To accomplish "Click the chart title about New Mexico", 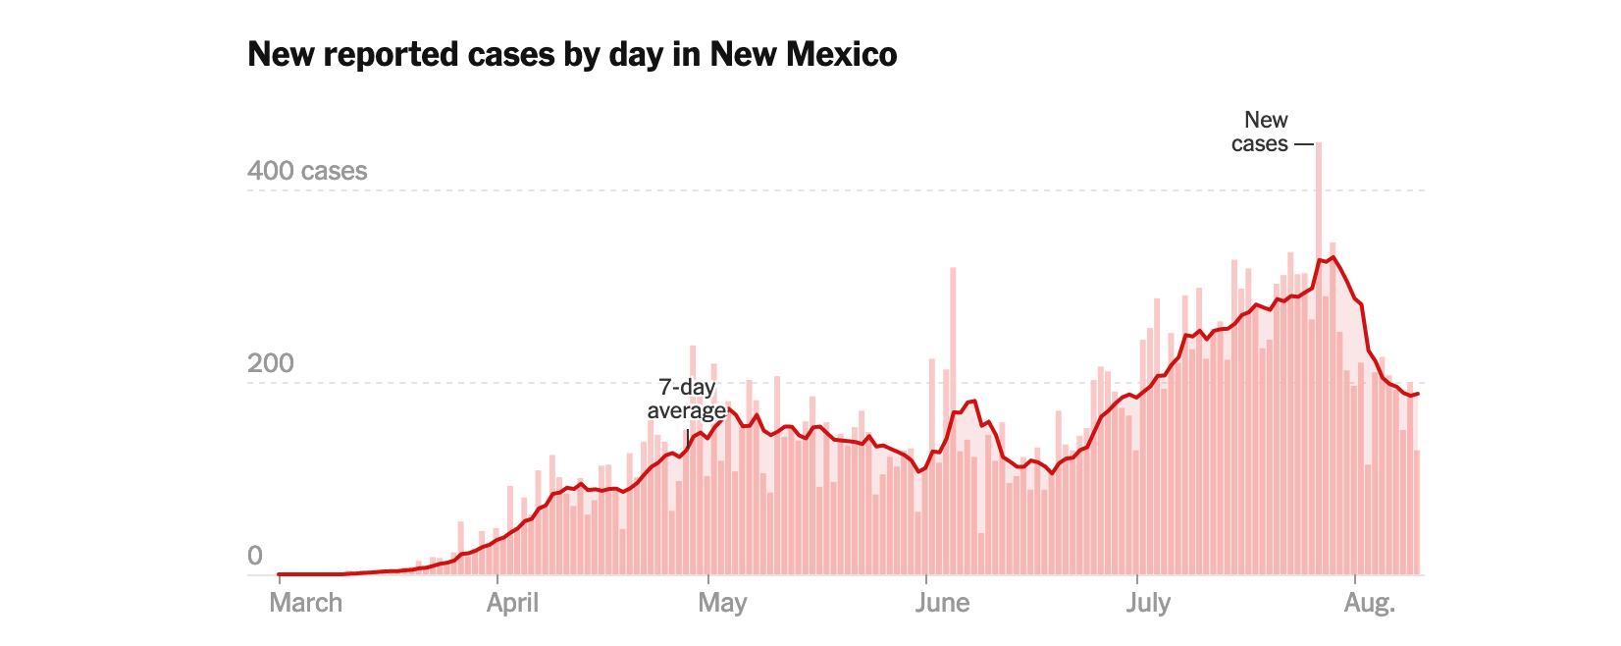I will [572, 54].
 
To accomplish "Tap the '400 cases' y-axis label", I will [307, 171].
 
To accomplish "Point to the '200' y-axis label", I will [270, 363].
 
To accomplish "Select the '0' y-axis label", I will [255, 556].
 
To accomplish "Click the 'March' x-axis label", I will [306, 602].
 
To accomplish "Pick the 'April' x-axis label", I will [512, 602].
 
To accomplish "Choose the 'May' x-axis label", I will [722, 602].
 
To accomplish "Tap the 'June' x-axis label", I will [942, 602].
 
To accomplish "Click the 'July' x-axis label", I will [1148, 602].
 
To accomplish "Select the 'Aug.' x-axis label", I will [1369, 602].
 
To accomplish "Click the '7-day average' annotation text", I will [687, 399].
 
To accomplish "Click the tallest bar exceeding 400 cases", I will [1318, 295].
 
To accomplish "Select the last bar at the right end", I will [1417, 511].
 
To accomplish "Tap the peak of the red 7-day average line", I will [1332, 257].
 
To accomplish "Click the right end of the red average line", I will [1418, 394].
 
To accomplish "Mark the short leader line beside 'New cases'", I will [1303, 144].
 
